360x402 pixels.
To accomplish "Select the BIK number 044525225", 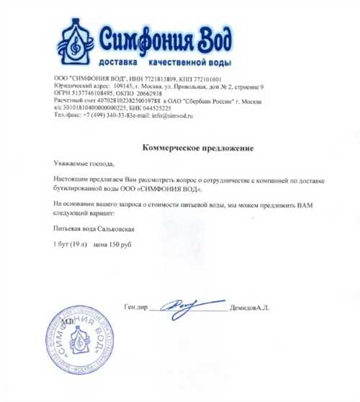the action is (x=163, y=107).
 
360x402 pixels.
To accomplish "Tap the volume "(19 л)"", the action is (x=77, y=245).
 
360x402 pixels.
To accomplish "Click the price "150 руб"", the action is (x=122, y=245).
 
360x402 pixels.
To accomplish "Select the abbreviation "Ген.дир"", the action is (x=135, y=308).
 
